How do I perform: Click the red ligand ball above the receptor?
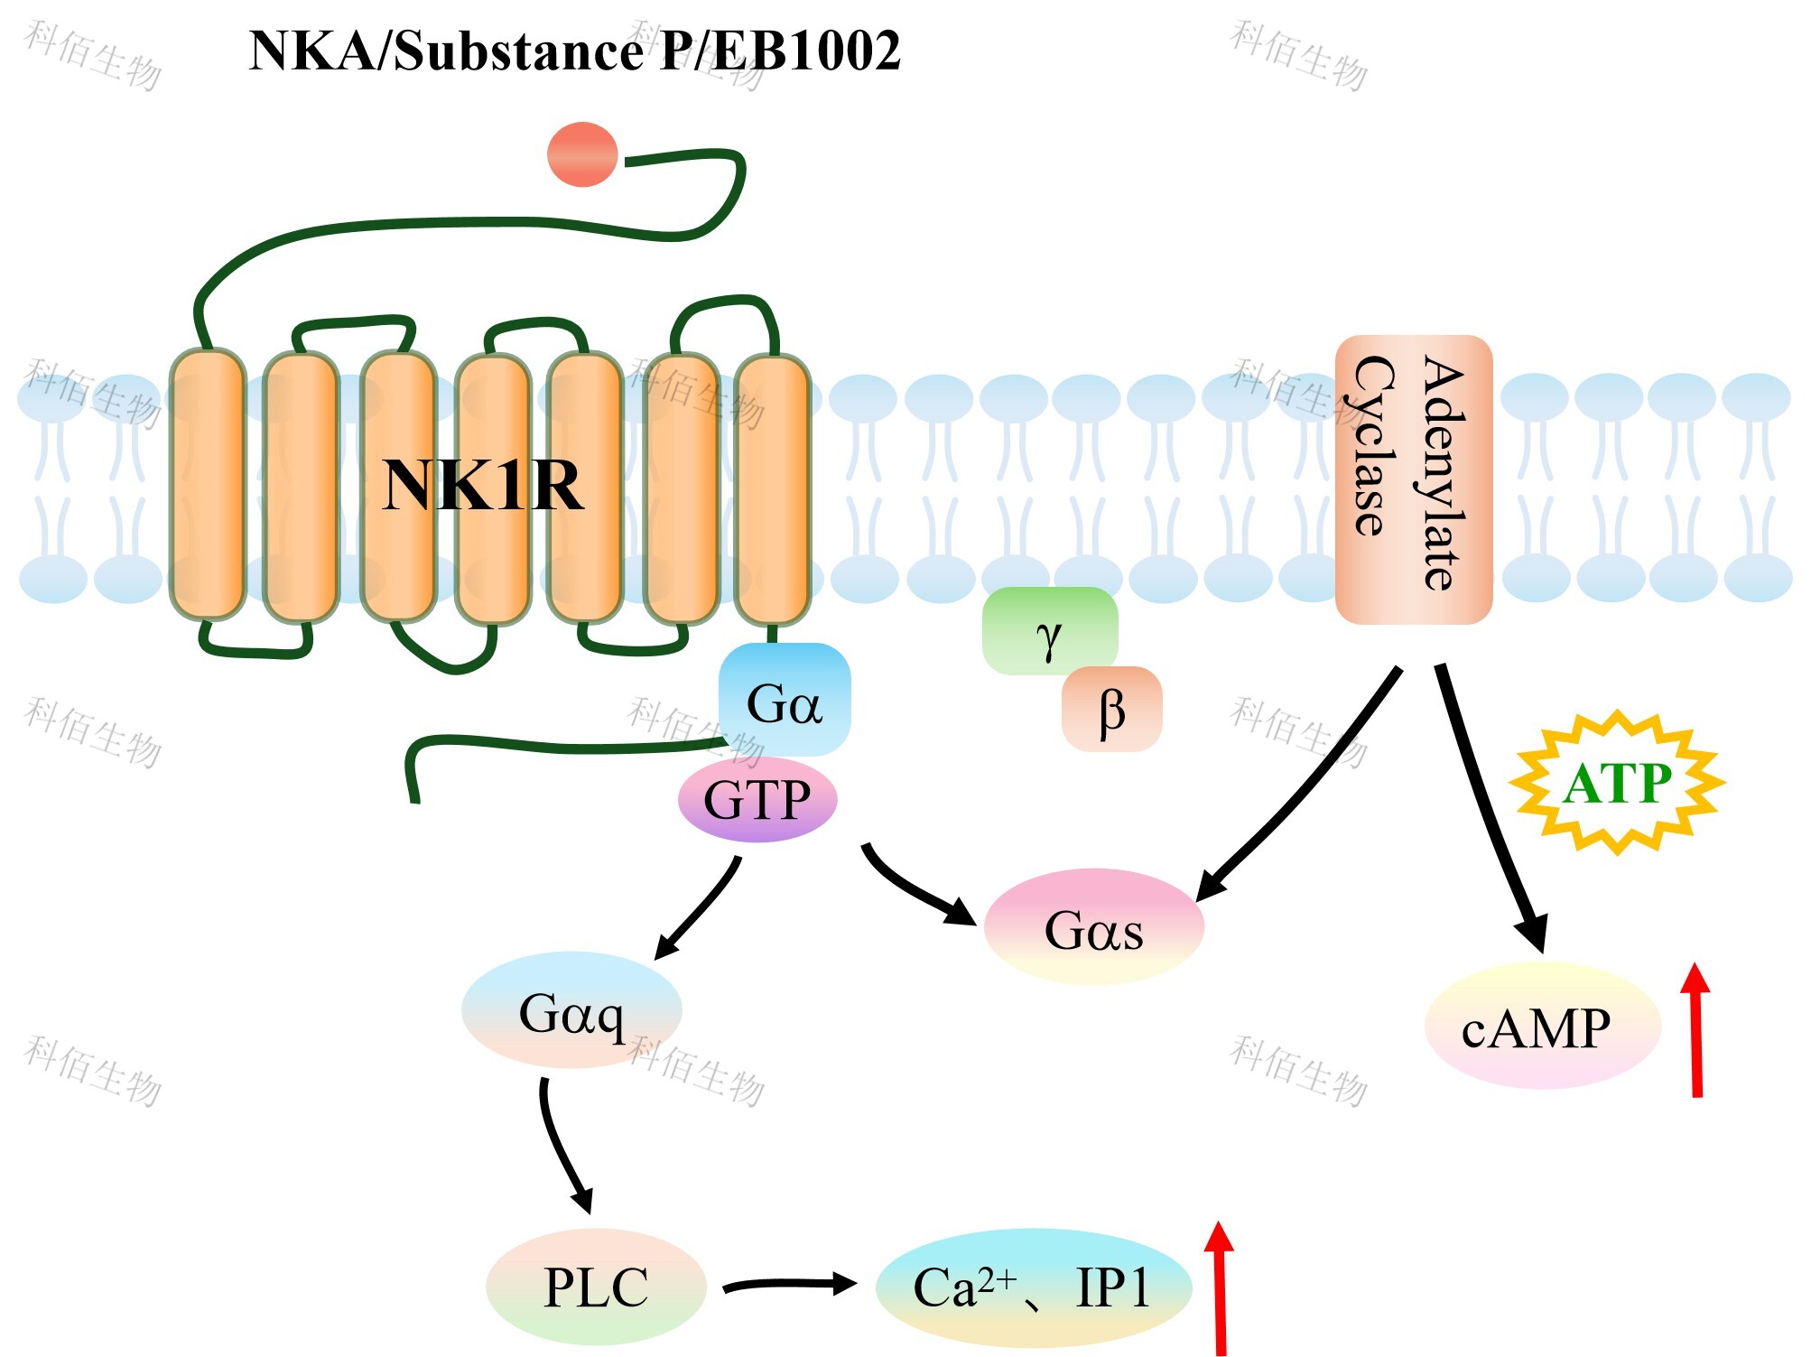tap(582, 154)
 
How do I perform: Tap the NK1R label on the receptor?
tap(483, 486)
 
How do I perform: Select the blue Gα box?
tap(784, 700)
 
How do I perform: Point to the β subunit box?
tap(1111, 710)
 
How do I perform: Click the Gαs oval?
tap(1093, 928)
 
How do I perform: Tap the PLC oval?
tap(596, 1287)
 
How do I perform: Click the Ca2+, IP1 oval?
tap(1033, 1287)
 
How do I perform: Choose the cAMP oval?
tap(1542, 1027)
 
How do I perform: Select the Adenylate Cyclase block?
tap(1413, 479)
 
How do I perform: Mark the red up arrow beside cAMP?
tap(1695, 1029)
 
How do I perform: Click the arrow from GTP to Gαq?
tap(700, 907)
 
